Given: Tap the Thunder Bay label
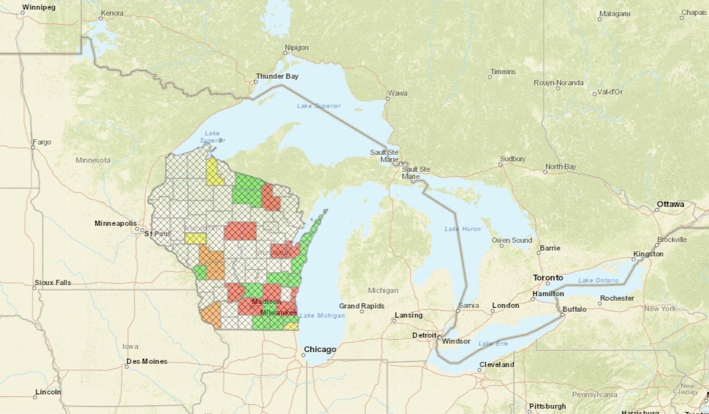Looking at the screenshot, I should point(277,76).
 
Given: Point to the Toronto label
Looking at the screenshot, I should point(548,277).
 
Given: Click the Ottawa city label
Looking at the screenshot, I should point(670,204).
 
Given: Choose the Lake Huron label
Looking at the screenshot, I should point(463,229).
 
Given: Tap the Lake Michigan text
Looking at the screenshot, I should point(322,316).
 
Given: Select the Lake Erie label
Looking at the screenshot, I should point(492,343).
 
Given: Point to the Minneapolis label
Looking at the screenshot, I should point(116,223).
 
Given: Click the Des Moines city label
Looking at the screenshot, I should point(147,361).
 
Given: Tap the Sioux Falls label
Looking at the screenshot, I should point(53,284).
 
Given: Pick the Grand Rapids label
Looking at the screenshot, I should point(361,306).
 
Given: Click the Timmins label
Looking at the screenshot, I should point(503,72).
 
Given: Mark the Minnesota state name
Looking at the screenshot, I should point(93,160).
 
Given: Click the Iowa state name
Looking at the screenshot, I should point(130,346).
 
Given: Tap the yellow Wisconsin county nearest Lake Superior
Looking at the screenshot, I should point(214,172).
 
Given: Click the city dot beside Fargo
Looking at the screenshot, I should point(32,147).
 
